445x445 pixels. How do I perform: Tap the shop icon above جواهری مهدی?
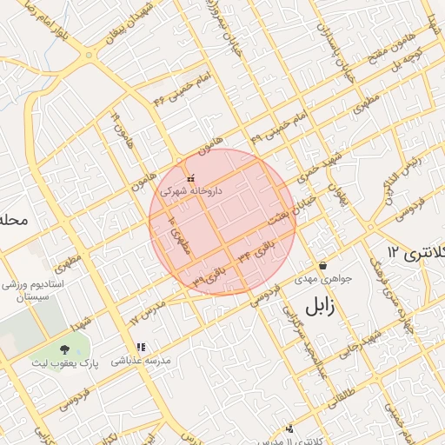323,266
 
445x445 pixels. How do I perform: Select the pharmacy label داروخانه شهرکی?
190,189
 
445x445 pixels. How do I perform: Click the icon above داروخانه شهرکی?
190,178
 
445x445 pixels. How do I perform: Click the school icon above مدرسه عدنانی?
141,348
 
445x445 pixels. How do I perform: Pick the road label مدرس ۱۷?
147,310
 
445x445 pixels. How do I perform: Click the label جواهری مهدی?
322,279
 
